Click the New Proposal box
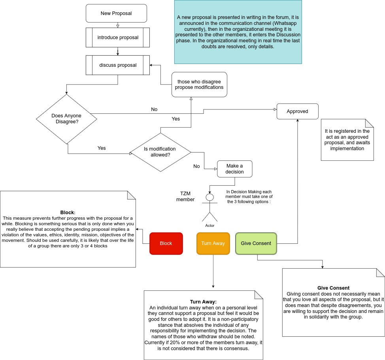point(116,13)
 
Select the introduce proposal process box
point(118,37)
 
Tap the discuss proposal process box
point(118,65)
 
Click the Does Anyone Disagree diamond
point(66,119)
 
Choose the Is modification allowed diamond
point(160,152)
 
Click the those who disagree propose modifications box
point(199,85)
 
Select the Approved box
point(297,111)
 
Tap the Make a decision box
point(234,169)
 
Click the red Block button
point(166,243)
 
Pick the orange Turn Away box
point(213,243)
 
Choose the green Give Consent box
point(256,243)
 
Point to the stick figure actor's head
point(209,197)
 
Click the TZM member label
point(185,196)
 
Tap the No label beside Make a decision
point(196,166)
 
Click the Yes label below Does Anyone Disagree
point(102,148)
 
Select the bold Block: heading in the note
point(68,213)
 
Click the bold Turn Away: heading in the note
point(203,302)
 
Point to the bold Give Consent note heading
point(333,288)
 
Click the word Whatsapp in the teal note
point(285,23)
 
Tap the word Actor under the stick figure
point(209,226)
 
